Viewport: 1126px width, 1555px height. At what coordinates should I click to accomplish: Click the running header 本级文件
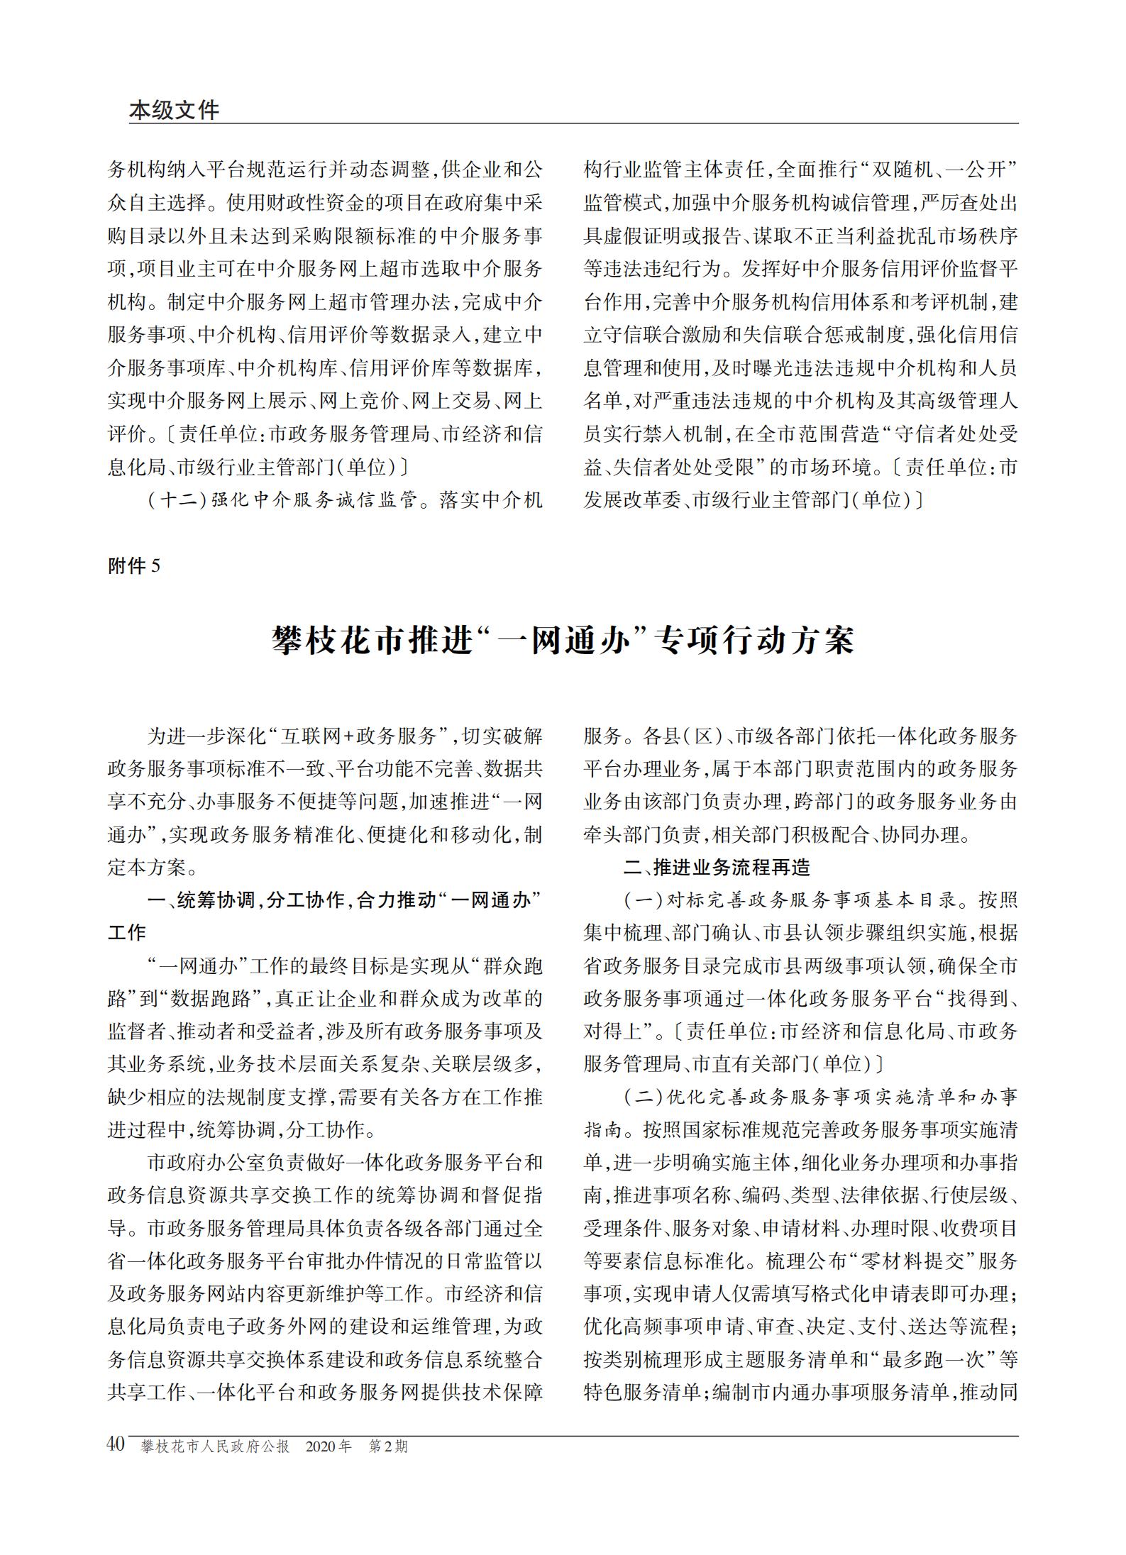[x=174, y=110]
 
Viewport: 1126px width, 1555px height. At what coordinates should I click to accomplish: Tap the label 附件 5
[x=134, y=565]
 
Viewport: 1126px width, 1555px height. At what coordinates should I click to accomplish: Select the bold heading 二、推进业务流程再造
[x=717, y=868]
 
